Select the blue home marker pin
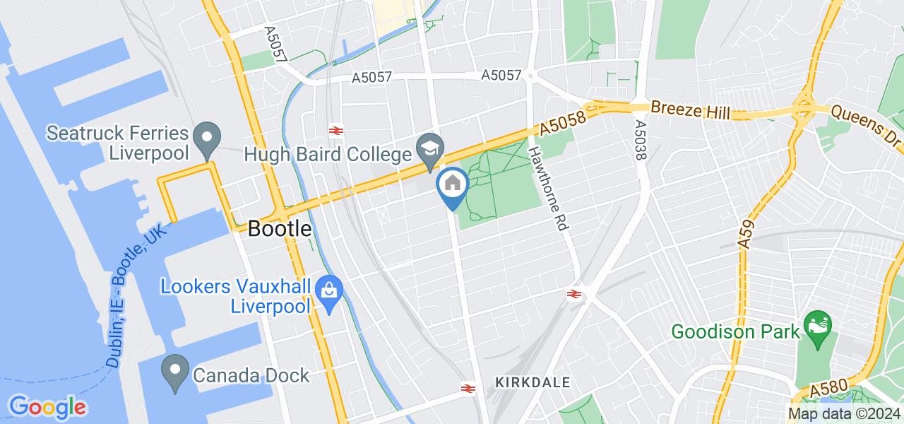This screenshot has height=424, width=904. pos(451,185)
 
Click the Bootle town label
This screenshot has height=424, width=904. pos(280,229)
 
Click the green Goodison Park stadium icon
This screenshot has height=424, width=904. pos(819,326)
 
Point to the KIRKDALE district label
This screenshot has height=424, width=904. pos(533,382)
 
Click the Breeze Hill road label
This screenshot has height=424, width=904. pos(690,111)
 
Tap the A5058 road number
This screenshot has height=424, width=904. pos(563,124)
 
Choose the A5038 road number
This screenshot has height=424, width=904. pos(641,139)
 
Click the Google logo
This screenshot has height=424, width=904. pos(47,407)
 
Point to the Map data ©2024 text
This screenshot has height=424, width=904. pos(845,414)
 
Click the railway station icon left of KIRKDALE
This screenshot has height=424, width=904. pos(467,387)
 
